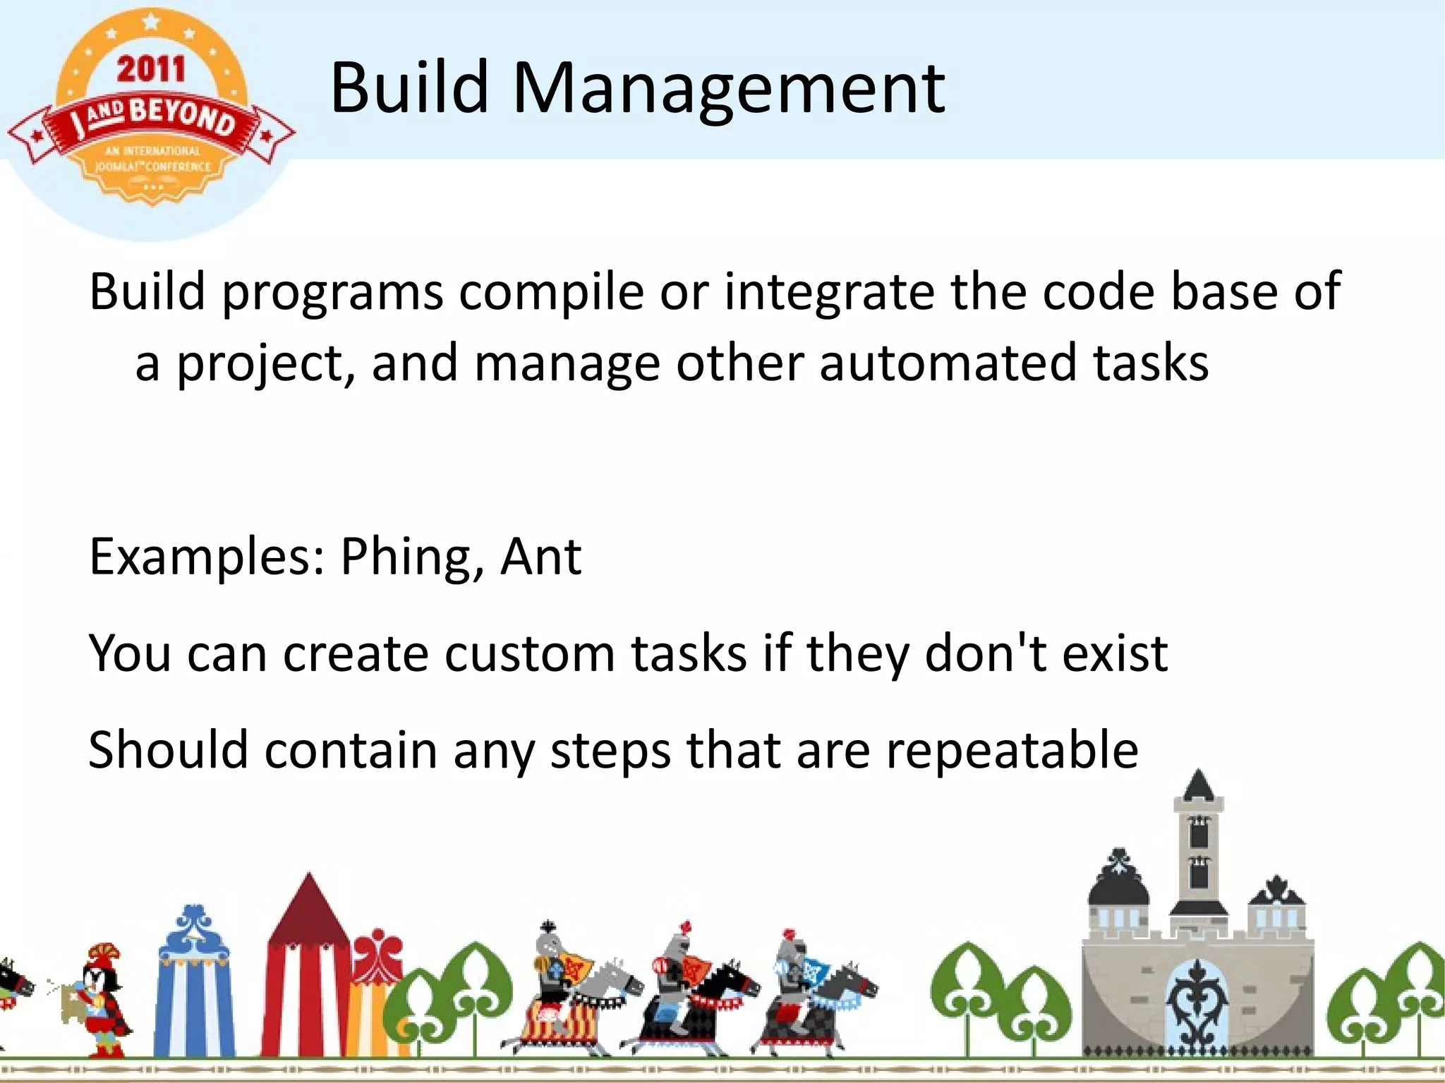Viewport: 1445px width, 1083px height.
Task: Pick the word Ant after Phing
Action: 540,557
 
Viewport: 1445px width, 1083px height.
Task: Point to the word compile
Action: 551,292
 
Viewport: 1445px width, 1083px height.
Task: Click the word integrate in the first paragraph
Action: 828,292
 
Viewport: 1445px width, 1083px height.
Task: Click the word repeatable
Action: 1012,750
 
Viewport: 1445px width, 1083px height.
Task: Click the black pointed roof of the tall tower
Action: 1198,785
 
